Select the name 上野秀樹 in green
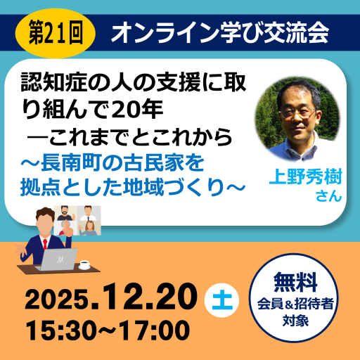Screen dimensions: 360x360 303,176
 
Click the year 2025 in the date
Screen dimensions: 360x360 59,300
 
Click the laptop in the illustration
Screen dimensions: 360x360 59,261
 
